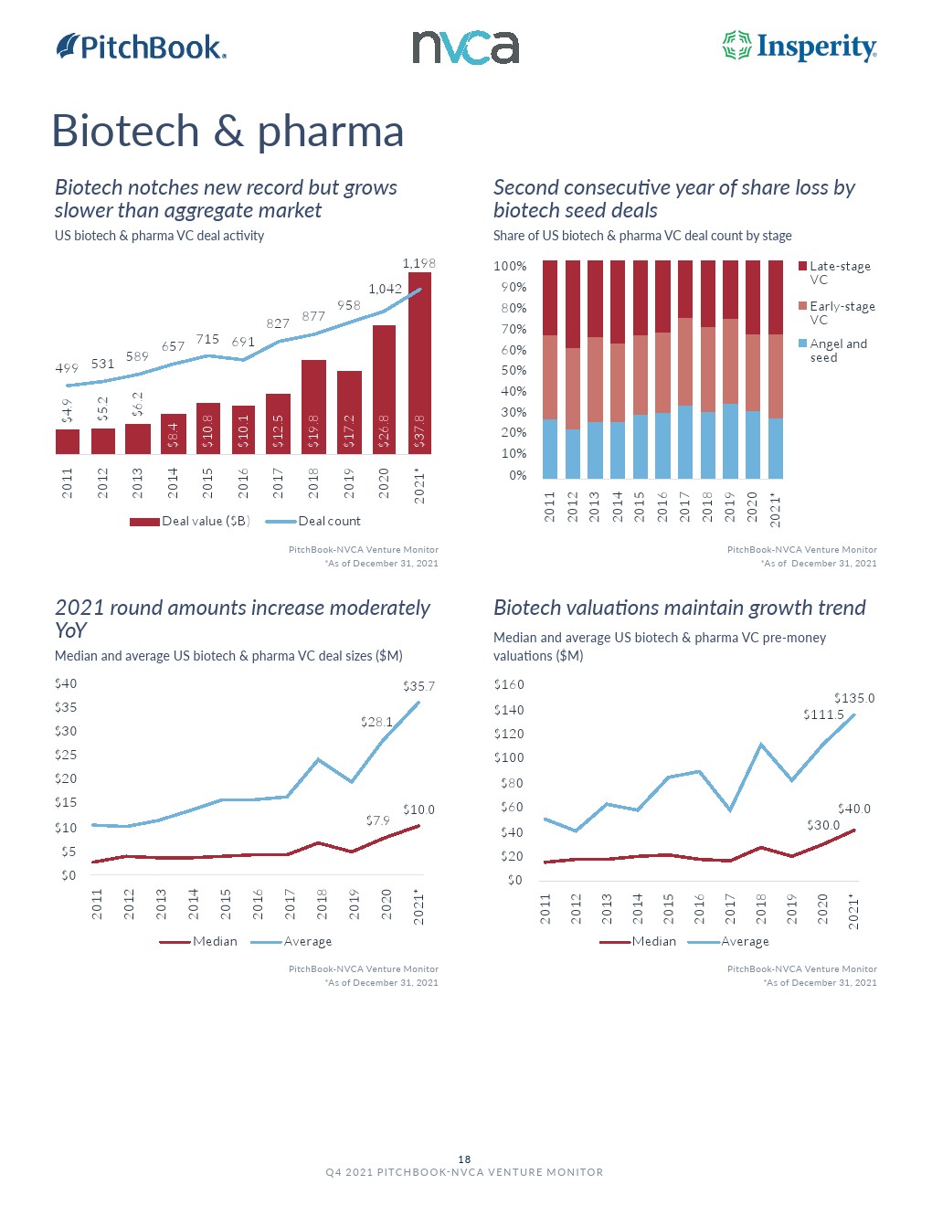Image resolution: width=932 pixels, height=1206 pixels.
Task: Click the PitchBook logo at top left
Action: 142,47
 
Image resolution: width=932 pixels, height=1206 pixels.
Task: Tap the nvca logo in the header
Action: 465,48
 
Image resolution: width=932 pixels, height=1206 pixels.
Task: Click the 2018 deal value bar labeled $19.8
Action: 313,407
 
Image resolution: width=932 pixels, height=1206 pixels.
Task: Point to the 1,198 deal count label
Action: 419,263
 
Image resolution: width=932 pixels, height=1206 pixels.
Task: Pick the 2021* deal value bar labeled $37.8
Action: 419,363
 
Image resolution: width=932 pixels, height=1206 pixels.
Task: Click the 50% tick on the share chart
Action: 510,370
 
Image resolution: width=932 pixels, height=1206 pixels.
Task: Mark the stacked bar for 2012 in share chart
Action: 573,369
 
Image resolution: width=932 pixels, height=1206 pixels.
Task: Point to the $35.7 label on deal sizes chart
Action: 419,686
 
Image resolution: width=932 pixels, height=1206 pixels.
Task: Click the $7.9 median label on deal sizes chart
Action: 377,820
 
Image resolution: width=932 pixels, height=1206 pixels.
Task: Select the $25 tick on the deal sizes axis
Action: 66,755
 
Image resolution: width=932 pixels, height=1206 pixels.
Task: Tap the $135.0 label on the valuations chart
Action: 854,698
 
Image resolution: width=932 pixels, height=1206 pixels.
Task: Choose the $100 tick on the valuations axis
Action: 509,757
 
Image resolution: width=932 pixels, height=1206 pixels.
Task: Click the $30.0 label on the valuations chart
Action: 823,825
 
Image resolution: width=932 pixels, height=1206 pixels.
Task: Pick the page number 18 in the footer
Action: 464,1159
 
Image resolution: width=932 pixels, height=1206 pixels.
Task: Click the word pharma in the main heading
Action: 330,131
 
